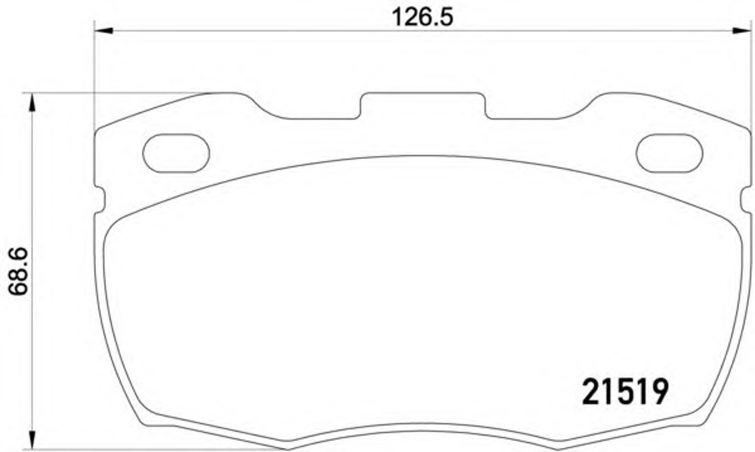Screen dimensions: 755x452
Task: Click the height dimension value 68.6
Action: coord(18,271)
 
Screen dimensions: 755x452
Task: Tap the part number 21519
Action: coord(625,392)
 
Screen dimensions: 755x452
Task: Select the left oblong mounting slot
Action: coord(176,153)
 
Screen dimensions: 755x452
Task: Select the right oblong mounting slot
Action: coord(669,153)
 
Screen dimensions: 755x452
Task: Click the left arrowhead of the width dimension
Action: coord(103,31)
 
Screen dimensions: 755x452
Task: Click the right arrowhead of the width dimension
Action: coord(742,31)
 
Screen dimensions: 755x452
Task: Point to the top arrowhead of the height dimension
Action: coord(32,103)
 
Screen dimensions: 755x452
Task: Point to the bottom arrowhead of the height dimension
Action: coord(32,440)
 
